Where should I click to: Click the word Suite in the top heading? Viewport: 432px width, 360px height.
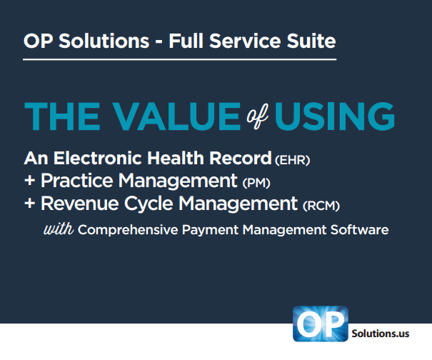pos(311,41)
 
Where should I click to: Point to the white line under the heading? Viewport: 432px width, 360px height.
pos(180,59)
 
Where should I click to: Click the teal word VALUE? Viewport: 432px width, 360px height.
pos(176,116)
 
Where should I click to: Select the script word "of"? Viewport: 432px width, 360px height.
pos(257,116)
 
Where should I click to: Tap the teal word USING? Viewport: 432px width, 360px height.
pos(335,116)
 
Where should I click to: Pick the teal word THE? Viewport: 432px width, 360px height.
pos(62,116)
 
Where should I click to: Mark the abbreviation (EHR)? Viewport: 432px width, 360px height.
pos(292,160)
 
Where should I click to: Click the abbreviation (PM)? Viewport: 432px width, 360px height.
pos(256,183)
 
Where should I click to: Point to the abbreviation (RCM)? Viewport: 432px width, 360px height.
pos(321,206)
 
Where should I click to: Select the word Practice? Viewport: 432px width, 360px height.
pos(77,181)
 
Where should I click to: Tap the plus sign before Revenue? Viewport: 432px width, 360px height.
pos(29,204)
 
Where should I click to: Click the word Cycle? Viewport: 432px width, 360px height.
pos(149,204)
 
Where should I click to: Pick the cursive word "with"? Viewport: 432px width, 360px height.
pos(59,229)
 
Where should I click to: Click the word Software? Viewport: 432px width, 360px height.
pos(360,229)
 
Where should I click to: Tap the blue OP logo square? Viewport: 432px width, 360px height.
pos(321,324)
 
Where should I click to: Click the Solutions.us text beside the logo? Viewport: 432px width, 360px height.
pos(381,334)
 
